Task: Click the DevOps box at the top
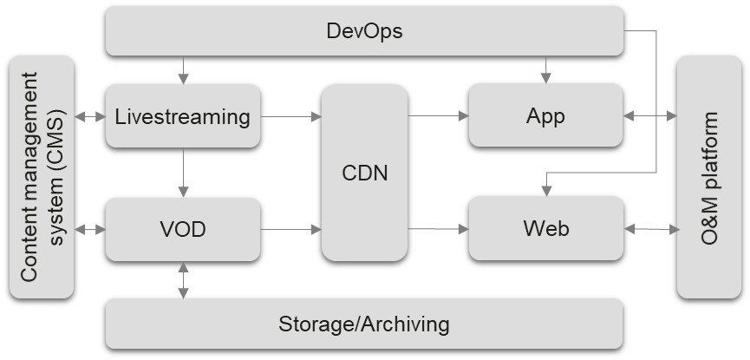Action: pyautogui.click(x=364, y=31)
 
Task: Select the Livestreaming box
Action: pyautogui.click(x=182, y=115)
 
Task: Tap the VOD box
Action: pyautogui.click(x=182, y=229)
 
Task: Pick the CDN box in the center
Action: pyautogui.click(x=364, y=172)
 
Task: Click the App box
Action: pyautogui.click(x=545, y=115)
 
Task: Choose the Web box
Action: pyautogui.click(x=545, y=229)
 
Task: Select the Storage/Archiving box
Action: pyautogui.click(x=364, y=324)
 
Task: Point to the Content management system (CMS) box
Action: pyautogui.click(x=42, y=177)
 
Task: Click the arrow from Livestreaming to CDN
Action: pyautogui.click(x=290, y=115)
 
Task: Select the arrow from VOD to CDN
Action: pyautogui.click(x=290, y=229)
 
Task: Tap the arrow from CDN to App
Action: pyautogui.click(x=438, y=115)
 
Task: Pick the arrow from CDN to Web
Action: pyautogui.click(x=438, y=229)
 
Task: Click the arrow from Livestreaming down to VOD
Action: pyautogui.click(x=183, y=172)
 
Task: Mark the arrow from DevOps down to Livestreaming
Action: pyautogui.click(x=183, y=69)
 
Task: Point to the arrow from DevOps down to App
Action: pyautogui.click(x=545, y=69)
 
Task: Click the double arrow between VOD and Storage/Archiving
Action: pyautogui.click(x=183, y=279)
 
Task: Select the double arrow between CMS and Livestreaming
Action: pyautogui.click(x=89, y=115)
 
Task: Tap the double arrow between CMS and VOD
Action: pyautogui.click(x=89, y=229)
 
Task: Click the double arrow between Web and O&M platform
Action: pyautogui.click(x=650, y=229)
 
